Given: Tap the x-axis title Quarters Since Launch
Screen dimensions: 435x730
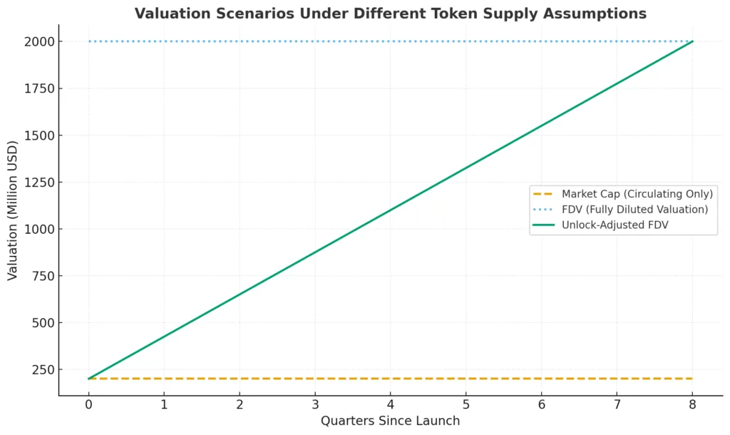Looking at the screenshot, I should pos(390,421).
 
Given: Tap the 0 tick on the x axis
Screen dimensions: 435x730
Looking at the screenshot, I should pos(88,406).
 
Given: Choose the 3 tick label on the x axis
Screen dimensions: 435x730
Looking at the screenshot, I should pos(314,406).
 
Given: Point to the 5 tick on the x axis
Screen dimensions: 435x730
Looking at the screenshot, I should pos(466,406).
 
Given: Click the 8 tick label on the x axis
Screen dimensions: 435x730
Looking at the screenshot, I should pos(692,406).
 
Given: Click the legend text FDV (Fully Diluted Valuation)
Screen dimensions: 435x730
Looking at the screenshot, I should pos(634,209).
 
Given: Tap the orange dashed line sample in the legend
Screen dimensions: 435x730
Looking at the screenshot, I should pos(543,194).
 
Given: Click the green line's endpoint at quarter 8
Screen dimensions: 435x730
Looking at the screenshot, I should pos(692,41).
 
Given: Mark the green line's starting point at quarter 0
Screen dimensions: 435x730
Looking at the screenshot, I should pos(88,379).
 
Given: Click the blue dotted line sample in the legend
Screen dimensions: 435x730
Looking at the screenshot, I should pos(543,209).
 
